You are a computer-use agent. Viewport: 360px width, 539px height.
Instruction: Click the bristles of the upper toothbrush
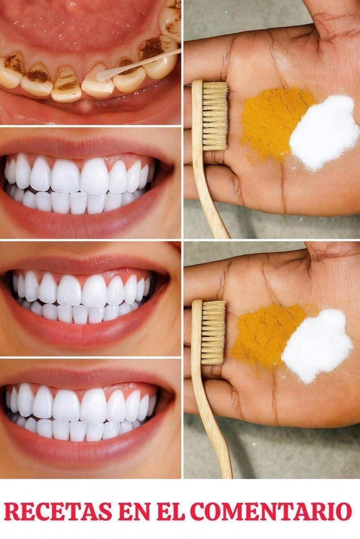(215, 116)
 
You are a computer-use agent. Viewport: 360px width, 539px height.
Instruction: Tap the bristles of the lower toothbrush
(213, 332)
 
